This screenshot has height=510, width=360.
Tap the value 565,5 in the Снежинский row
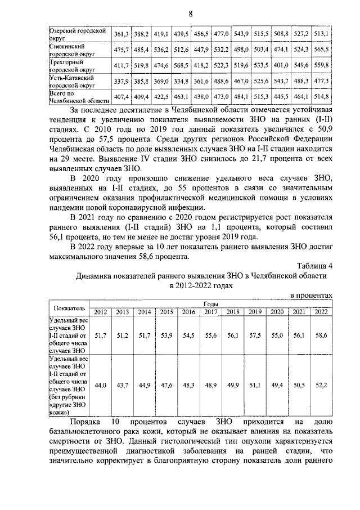321,50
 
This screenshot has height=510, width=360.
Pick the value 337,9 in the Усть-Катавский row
121,81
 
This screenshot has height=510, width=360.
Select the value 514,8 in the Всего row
321,97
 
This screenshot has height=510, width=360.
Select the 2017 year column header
211,312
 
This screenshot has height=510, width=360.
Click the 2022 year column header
321,312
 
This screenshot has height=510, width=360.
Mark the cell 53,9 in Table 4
166,335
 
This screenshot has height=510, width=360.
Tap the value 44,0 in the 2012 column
100,384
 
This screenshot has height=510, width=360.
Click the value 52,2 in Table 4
321,384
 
